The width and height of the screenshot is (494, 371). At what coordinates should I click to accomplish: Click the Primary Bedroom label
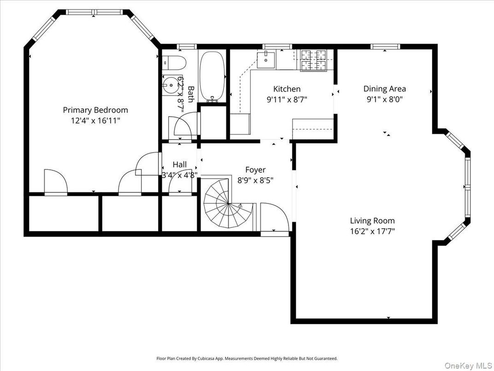95,110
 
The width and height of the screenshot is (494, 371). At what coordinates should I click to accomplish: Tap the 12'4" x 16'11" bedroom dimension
95,120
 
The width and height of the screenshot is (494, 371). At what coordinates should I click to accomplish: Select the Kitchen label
287,89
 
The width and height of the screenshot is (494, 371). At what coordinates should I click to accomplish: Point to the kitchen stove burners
313,60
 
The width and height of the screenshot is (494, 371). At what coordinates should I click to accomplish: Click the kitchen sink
265,60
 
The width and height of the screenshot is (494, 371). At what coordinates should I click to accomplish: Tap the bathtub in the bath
212,76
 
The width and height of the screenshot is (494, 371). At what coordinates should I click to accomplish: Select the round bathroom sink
170,84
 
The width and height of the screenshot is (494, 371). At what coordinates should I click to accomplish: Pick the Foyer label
255,170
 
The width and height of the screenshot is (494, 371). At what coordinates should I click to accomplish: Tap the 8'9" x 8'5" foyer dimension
255,180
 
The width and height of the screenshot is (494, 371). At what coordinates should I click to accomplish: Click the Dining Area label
384,89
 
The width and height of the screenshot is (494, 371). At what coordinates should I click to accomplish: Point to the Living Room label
372,221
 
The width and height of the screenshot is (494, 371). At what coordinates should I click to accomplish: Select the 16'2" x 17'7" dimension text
372,231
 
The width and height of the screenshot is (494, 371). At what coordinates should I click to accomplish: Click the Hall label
180,164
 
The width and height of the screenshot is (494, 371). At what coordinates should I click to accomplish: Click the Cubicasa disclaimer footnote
247,358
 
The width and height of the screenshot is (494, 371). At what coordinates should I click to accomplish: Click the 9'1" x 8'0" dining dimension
384,99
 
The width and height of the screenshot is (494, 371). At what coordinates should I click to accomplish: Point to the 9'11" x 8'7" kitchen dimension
287,99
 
